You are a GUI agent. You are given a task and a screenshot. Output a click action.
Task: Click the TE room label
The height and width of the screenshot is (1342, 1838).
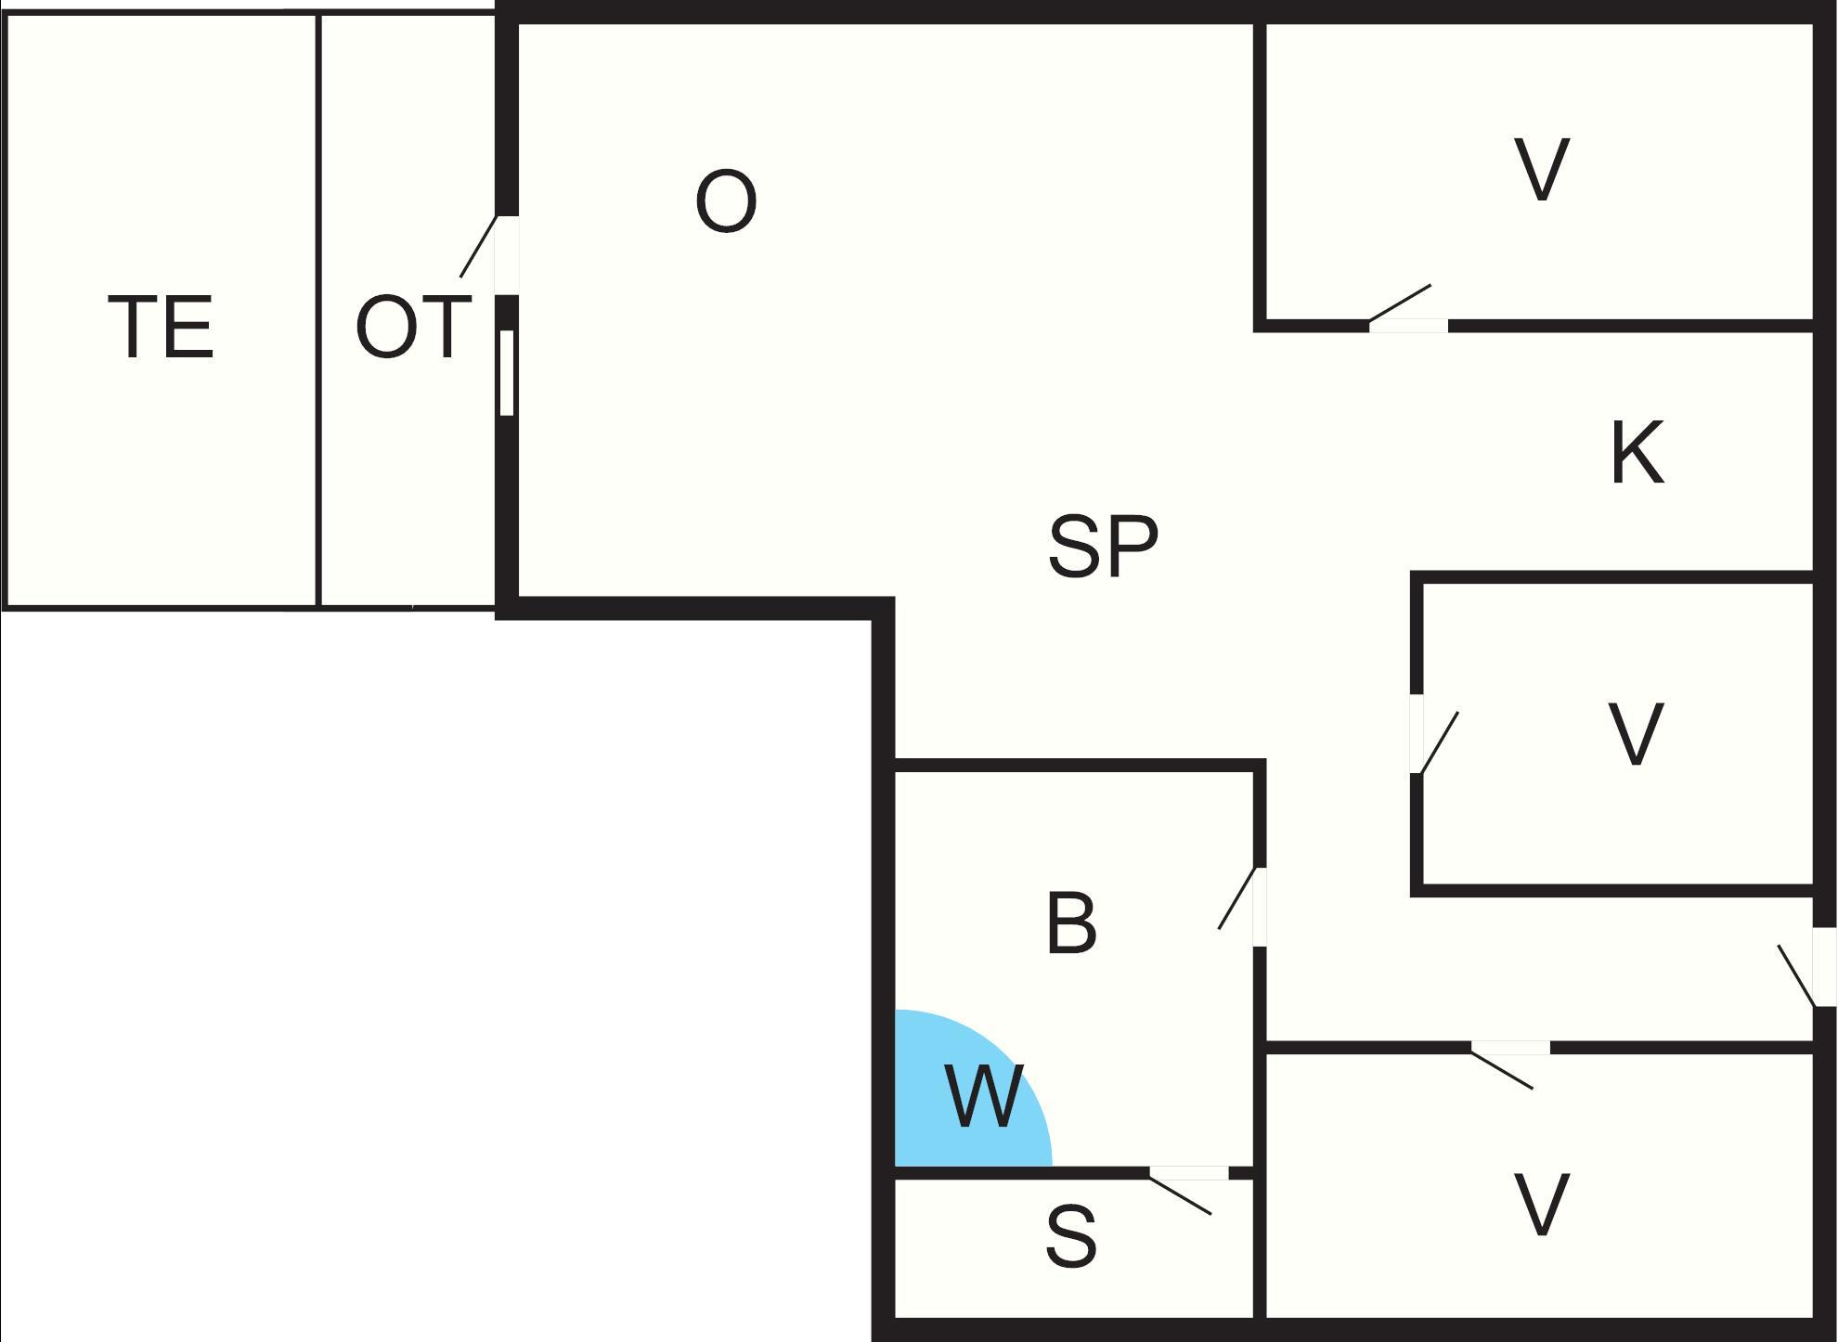(162, 327)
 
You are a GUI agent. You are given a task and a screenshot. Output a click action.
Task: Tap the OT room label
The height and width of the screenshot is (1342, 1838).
(411, 327)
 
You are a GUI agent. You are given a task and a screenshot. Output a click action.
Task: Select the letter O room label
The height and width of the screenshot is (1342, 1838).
(726, 201)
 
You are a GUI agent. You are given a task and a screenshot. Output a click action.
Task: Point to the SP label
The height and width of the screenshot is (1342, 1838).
(1103, 547)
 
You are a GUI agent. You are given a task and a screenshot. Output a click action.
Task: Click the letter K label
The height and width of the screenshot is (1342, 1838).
(1637, 454)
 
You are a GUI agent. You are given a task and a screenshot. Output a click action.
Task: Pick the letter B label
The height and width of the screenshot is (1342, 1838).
(1071, 923)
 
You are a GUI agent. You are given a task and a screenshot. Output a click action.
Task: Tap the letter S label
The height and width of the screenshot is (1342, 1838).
(1071, 1236)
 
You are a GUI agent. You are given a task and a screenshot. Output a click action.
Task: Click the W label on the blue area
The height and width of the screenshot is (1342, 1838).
(984, 1097)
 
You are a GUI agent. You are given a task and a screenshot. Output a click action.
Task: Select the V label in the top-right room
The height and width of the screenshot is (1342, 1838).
(1542, 169)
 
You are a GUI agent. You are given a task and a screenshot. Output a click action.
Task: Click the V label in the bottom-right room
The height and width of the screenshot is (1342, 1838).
(1542, 1205)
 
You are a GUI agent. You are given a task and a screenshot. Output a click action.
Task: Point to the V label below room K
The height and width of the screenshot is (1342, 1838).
(1635, 733)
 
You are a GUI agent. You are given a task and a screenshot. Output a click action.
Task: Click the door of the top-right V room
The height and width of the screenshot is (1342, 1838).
(1407, 323)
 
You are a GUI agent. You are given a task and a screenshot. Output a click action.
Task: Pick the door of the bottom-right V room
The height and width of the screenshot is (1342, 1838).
(1509, 1049)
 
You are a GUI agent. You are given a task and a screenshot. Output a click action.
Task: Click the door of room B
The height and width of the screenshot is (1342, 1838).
(1258, 906)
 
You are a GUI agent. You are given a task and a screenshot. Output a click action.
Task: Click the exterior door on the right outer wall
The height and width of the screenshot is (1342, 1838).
(1823, 967)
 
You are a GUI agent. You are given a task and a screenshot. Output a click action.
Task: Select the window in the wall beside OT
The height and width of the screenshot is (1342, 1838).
(507, 372)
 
